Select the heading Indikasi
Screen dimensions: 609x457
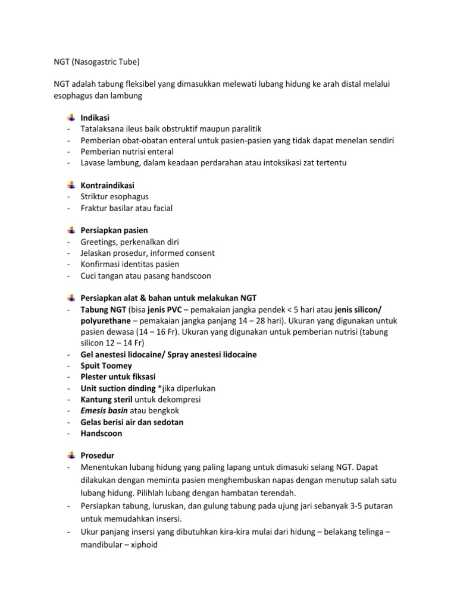[x=95, y=118]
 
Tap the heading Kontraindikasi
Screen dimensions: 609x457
[x=108, y=186]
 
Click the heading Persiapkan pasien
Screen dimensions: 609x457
[x=114, y=230]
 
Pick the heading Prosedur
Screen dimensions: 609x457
[x=97, y=456]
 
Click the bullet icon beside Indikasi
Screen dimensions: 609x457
[x=71, y=118]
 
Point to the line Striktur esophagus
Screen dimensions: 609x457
[x=114, y=196]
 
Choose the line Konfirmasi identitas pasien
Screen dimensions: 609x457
[x=130, y=264]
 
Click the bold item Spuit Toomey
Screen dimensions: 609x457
[x=106, y=365]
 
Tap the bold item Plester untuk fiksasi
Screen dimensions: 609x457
[x=118, y=376]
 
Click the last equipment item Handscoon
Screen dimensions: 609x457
[x=101, y=433]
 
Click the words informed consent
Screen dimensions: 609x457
[x=185, y=253]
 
